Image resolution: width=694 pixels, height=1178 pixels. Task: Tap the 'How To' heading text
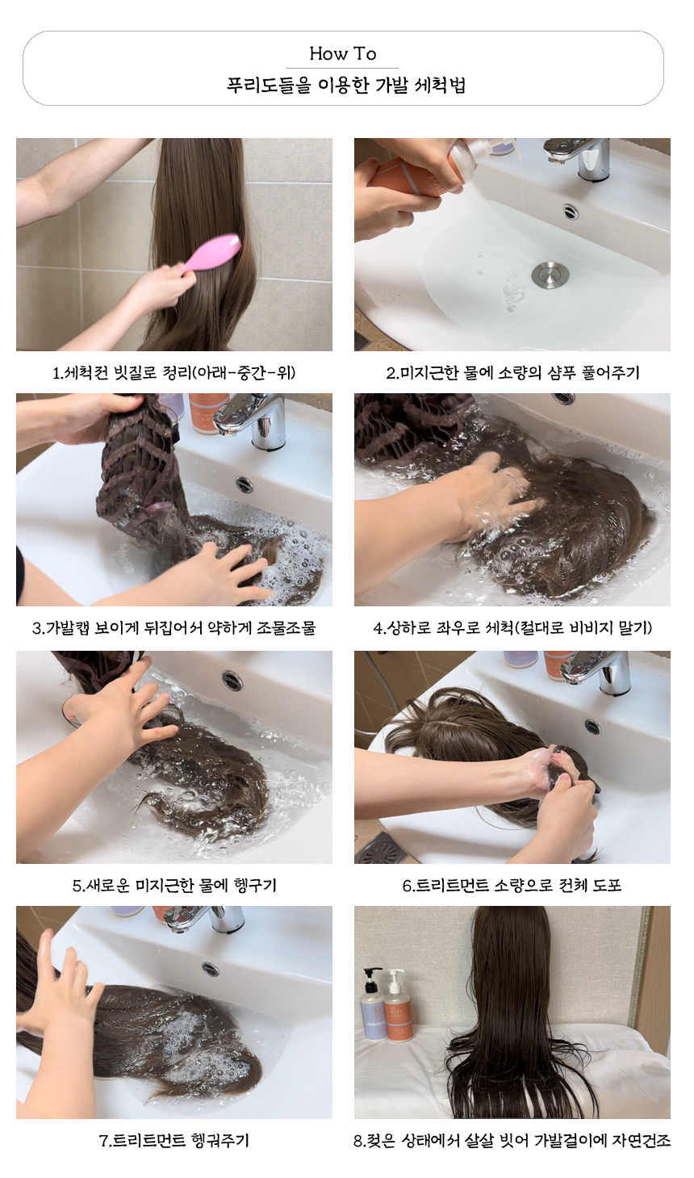(x=343, y=53)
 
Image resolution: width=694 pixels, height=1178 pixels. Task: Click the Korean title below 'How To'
(x=346, y=85)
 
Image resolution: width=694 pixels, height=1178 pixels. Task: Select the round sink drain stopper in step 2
(x=550, y=275)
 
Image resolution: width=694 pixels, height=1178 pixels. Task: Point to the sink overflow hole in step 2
(x=571, y=212)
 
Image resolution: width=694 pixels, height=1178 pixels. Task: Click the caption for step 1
(x=174, y=373)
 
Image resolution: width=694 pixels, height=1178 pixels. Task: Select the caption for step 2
(x=512, y=373)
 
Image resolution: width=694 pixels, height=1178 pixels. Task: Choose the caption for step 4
(x=512, y=627)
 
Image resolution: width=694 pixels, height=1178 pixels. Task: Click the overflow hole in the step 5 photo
(x=232, y=681)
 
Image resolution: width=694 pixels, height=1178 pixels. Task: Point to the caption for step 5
(x=174, y=885)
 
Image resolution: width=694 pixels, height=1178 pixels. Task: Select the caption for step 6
(x=512, y=885)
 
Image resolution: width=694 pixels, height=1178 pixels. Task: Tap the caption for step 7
(x=174, y=1140)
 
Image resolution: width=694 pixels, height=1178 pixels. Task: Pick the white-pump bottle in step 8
(x=398, y=1007)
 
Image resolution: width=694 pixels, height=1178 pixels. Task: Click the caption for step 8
(x=512, y=1140)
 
